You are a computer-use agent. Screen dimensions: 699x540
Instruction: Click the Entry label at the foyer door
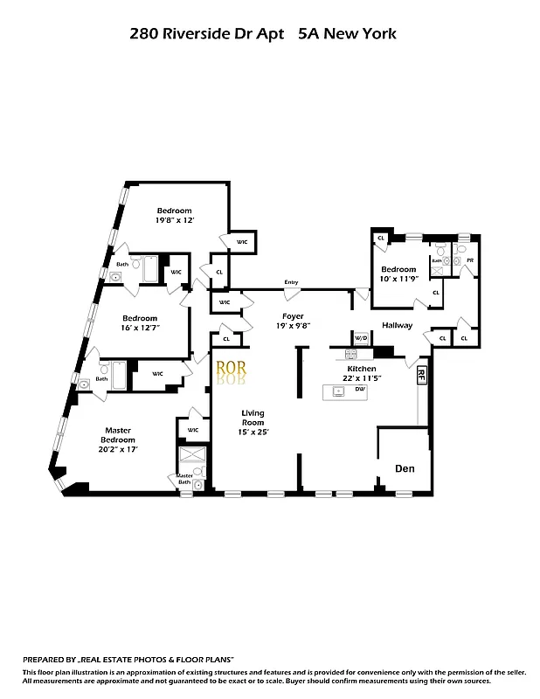click(291, 282)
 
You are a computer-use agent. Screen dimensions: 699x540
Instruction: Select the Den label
click(404, 469)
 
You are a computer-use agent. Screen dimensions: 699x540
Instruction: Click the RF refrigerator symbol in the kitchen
click(421, 376)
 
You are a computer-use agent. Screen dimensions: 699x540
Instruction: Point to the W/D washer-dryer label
click(360, 338)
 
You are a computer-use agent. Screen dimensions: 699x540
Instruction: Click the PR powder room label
click(469, 260)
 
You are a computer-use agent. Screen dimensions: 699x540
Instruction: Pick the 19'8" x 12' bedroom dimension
click(175, 221)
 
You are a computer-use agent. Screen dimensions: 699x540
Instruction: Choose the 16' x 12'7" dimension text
click(140, 328)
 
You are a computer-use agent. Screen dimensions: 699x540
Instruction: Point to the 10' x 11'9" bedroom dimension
click(398, 279)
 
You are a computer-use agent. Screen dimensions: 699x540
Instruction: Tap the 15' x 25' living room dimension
click(253, 432)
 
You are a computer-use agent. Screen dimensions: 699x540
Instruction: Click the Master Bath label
click(184, 479)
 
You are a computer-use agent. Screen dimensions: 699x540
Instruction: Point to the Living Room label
click(253, 417)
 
